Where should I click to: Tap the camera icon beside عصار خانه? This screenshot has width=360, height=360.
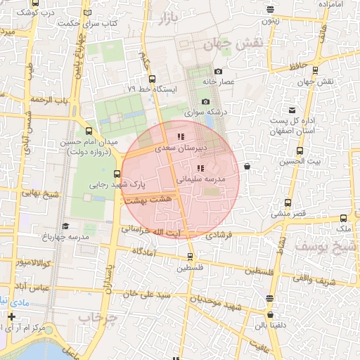pyautogui.click(x=219, y=72)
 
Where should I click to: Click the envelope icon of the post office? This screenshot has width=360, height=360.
pyautogui.click(x=292, y=111)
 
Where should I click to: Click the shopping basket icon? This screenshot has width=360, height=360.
pyautogui.click(x=247, y=167)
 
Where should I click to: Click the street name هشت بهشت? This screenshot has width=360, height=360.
pyautogui.click(x=155, y=200)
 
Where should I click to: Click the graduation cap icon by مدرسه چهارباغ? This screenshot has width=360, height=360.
pyautogui.click(x=65, y=226)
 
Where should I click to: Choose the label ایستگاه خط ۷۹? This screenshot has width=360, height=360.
pyautogui.click(x=153, y=89)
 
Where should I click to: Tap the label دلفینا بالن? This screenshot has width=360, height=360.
pyautogui.click(x=270, y=324)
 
